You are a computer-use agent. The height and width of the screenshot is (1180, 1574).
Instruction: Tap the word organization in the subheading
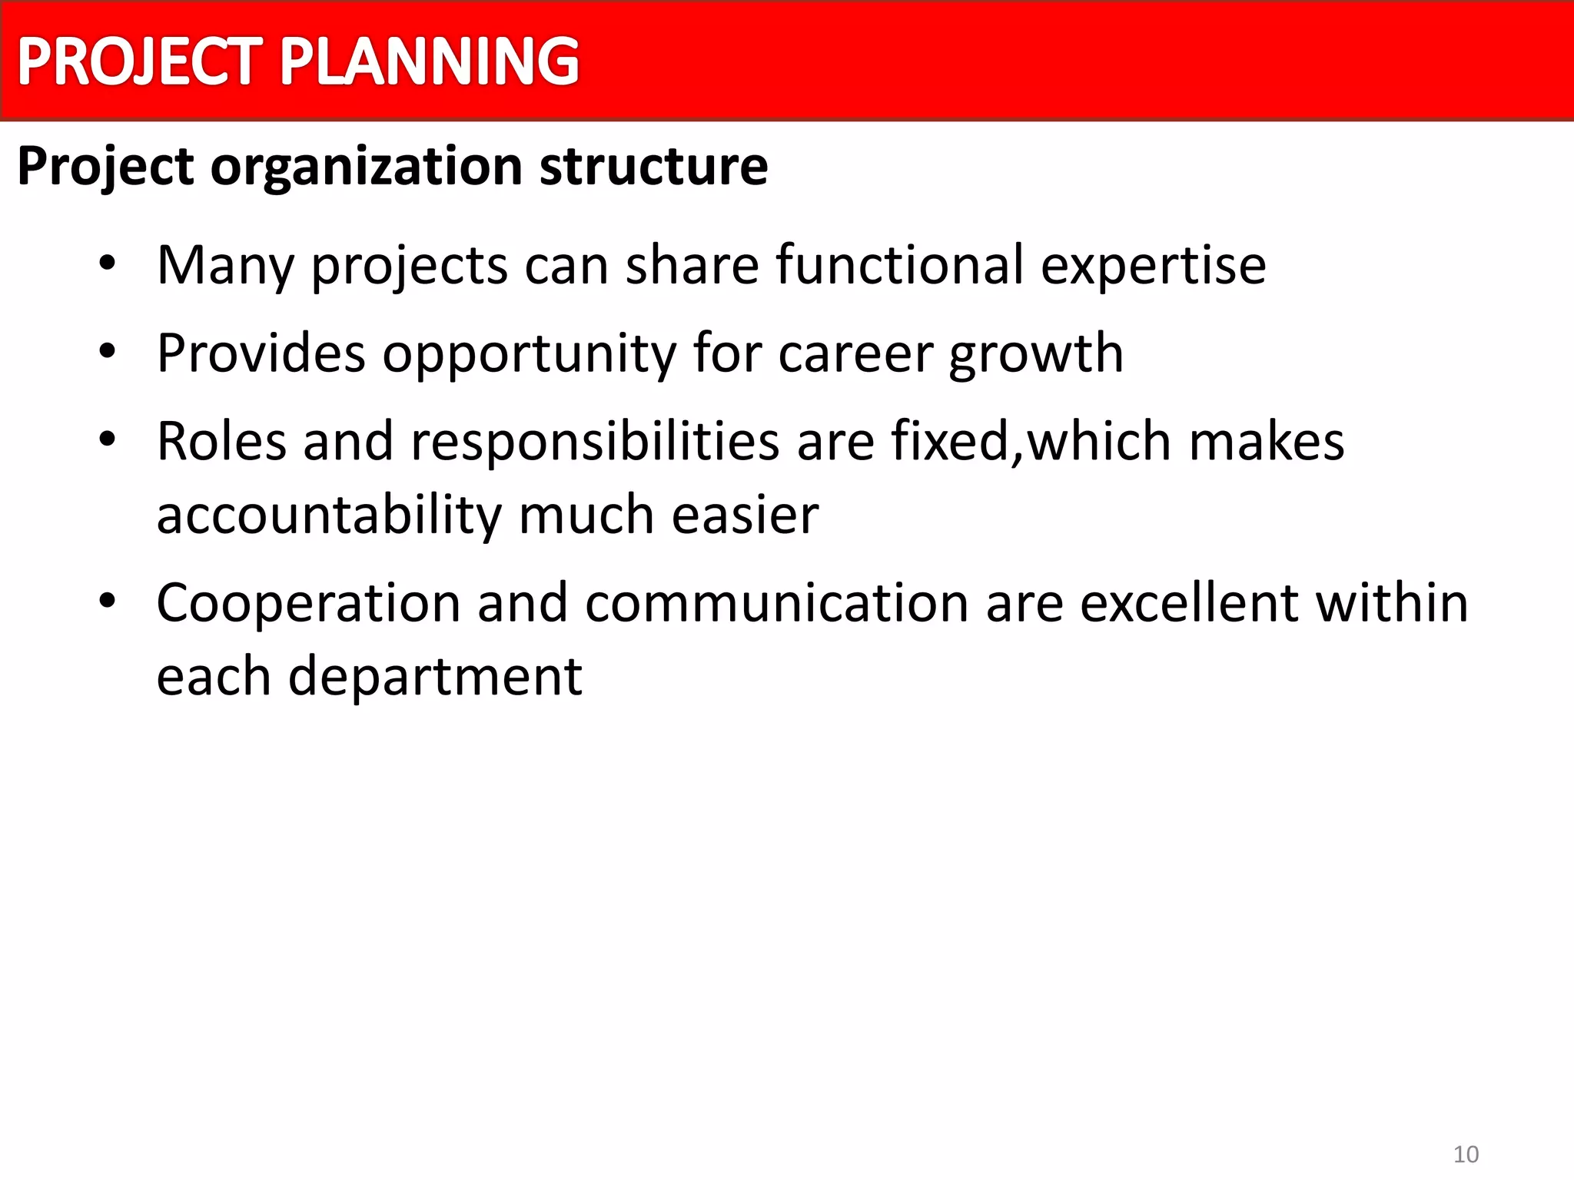click(x=367, y=167)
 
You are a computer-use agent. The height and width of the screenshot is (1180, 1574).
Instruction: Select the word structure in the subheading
click(x=653, y=167)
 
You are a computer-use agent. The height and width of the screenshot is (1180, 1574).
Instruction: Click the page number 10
click(x=1466, y=1154)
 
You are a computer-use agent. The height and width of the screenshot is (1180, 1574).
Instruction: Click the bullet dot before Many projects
click(x=107, y=264)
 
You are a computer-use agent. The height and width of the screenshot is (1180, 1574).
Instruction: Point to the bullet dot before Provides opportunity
click(x=107, y=352)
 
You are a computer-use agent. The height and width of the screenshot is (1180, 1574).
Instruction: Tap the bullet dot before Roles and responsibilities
click(x=107, y=440)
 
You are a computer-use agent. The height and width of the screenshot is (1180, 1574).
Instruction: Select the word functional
click(x=899, y=265)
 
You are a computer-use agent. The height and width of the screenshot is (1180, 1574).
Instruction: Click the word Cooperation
click(x=308, y=603)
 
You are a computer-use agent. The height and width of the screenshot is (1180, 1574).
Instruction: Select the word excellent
click(x=1188, y=603)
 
